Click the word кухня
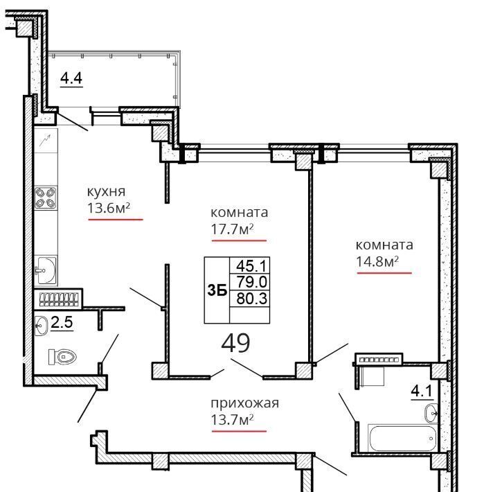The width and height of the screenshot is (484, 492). [106, 192]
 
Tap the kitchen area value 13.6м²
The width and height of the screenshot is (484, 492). [109, 208]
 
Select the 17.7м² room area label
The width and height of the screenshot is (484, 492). [232, 229]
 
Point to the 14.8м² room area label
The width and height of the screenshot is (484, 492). [377, 261]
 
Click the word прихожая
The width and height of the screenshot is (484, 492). [245, 403]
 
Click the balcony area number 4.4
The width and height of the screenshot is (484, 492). [71, 78]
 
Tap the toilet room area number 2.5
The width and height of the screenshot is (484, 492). [62, 322]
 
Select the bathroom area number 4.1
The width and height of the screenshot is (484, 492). [422, 392]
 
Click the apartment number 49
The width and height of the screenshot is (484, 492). [235, 343]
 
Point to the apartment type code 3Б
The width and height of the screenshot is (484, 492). [217, 291]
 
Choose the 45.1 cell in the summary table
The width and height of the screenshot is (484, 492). [250, 266]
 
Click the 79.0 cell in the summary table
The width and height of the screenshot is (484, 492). [250, 282]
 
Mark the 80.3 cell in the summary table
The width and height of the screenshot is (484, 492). [250, 299]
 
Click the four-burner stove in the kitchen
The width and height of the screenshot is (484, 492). [46, 198]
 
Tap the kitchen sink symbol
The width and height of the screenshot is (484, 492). [46, 270]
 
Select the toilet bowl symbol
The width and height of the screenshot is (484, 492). [62, 357]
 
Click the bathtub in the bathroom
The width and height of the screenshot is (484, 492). [402, 439]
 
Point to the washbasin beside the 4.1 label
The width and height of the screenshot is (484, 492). [431, 414]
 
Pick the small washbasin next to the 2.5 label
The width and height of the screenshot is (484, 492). [41, 326]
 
